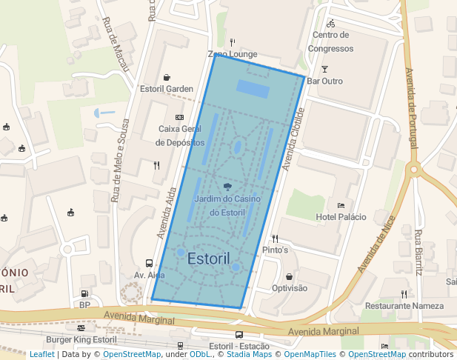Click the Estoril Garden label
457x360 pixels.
click(167, 89)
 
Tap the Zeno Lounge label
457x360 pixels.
click(233, 54)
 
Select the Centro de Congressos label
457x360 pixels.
click(330, 42)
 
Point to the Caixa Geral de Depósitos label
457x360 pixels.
click(179, 135)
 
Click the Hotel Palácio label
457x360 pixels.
click(341, 216)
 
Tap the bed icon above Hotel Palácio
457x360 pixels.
click(341, 205)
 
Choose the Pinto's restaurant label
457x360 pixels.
click(275, 250)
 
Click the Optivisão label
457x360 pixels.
click(290, 288)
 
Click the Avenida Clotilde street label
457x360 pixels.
click(293, 139)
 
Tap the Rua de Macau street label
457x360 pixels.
click(117, 44)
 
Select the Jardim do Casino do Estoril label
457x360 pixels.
click(227, 206)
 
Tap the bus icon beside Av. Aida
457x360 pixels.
click(150, 263)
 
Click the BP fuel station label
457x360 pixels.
click(84, 304)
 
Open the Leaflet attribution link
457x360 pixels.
click(41, 355)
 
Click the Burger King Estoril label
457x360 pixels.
click(81, 340)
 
